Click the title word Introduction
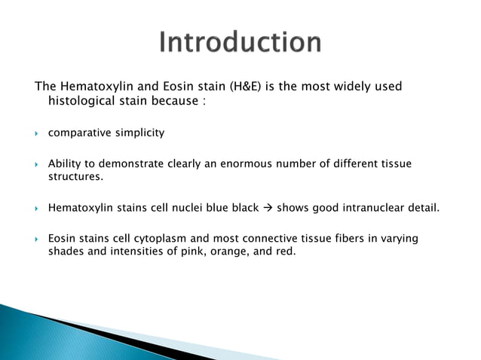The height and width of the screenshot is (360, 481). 240,42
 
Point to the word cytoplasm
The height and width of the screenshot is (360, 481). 152,239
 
